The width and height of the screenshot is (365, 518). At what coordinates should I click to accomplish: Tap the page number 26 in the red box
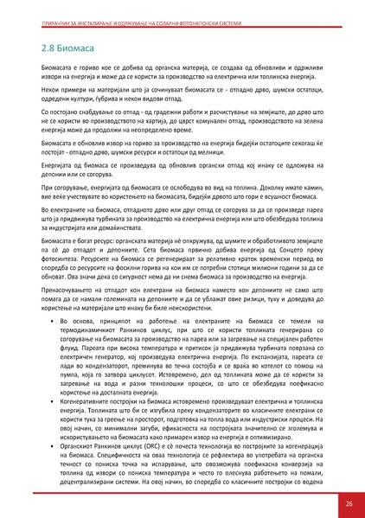click(348, 503)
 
